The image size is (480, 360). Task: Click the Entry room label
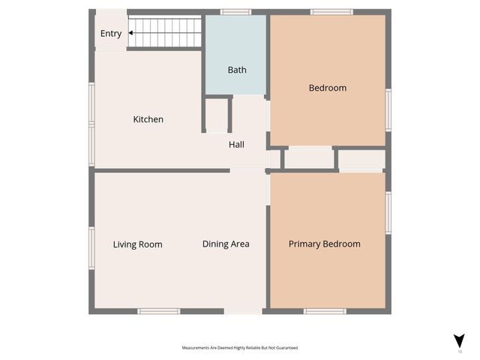[x=110, y=34]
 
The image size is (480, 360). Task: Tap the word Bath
[x=237, y=70]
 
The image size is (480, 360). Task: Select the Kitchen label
[x=148, y=119]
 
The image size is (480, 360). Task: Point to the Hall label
[x=236, y=145]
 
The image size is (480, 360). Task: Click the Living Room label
[x=137, y=244]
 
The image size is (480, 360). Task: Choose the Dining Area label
[x=226, y=244]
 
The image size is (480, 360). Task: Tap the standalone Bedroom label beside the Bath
[x=328, y=88]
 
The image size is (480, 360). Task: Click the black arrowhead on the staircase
[x=131, y=34]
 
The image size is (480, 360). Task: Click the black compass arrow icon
[x=459, y=340]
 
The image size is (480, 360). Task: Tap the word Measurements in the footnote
[x=198, y=348]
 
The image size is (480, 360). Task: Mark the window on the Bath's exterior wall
[x=235, y=12]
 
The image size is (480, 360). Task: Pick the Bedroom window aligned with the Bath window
[x=331, y=12]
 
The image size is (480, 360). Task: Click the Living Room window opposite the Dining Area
[x=91, y=247]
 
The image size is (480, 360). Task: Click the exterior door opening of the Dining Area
[x=243, y=310]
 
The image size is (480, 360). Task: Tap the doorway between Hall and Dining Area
[x=247, y=171]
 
